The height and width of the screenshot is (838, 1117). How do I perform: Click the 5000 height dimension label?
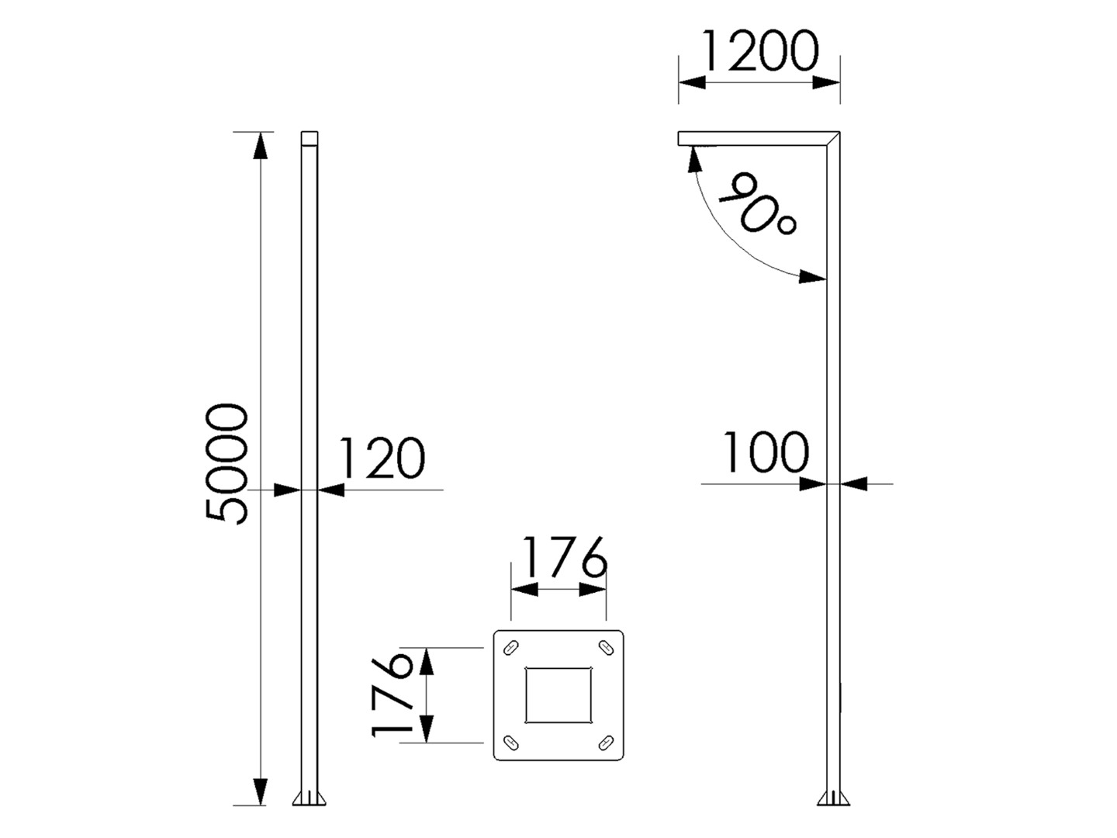coord(227,463)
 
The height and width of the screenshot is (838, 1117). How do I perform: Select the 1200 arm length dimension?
coord(759,50)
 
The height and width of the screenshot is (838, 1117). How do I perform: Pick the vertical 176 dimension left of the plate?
coord(392,694)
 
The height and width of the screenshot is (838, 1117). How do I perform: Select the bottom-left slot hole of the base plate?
coord(512,742)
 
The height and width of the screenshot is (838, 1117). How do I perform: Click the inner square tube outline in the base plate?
coord(558,694)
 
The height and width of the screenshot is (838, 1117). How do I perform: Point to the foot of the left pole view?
coord(310,798)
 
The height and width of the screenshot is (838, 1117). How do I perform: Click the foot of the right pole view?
coord(833,798)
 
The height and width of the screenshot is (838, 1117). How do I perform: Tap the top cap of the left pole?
coord(310,138)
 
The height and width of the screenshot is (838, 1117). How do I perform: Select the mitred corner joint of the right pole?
coord(833,138)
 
